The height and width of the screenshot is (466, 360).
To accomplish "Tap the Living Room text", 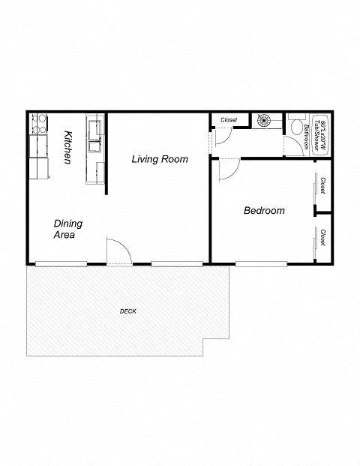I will [x=160, y=159].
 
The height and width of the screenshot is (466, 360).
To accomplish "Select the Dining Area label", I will [x=68, y=229].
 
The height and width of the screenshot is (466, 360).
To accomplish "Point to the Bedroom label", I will [x=264, y=211].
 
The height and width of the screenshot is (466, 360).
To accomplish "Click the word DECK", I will [x=127, y=311].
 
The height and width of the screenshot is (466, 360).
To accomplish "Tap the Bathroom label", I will [x=307, y=137].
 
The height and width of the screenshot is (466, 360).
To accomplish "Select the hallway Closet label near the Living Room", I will [x=229, y=120].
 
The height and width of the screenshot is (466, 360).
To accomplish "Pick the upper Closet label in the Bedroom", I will [x=322, y=185].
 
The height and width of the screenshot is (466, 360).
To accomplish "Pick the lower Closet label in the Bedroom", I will [x=322, y=239].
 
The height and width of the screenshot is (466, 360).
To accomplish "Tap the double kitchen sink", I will [x=94, y=135].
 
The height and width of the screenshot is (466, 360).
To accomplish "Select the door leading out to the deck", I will [x=118, y=253].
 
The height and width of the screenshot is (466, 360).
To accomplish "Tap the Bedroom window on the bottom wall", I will [x=261, y=263].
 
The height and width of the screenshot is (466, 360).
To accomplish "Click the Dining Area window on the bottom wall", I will [x=61, y=263].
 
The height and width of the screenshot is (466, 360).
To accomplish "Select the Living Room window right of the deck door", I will [x=176, y=263].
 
